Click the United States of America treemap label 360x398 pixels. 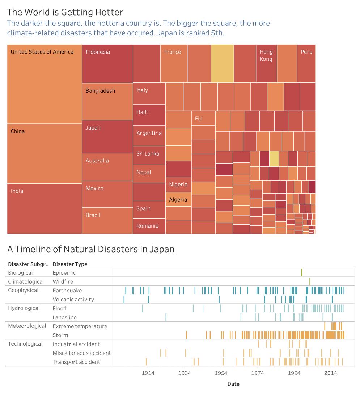42,52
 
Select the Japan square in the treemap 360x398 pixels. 107,136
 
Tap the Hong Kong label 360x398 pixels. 266,55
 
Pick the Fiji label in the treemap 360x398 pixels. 199,118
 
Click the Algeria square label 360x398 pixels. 178,199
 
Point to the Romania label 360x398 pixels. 147,226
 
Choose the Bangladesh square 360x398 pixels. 107,101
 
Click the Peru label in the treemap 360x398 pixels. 306,52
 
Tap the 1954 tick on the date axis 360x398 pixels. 221,373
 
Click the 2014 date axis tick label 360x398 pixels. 330,373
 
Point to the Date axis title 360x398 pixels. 233,384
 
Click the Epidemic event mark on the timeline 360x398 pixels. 301,272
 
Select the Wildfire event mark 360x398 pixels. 309,281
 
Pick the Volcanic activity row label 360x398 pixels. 73,299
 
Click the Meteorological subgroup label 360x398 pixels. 27,326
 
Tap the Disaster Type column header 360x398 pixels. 70,264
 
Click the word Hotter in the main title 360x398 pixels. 109,12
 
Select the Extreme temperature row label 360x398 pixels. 80,326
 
